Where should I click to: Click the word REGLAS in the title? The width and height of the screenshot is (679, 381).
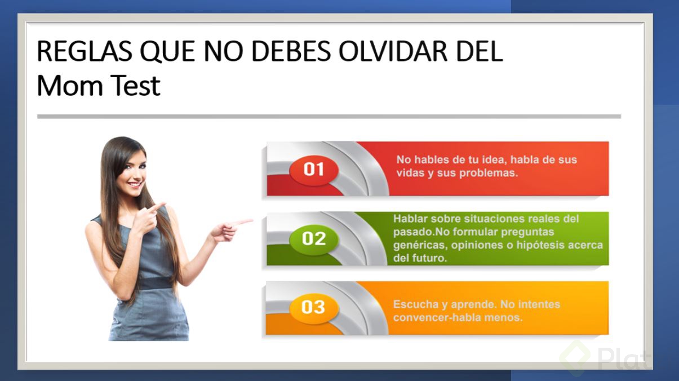tap(85, 51)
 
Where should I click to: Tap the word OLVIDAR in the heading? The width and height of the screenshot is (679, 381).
tap(393, 51)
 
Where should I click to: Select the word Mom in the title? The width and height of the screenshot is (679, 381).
tap(70, 86)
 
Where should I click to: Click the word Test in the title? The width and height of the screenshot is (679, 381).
tap(135, 86)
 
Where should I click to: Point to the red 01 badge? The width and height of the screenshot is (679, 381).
tap(314, 170)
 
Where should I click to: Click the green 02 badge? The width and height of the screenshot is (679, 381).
tap(314, 238)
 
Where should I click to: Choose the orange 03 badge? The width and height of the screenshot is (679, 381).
tap(313, 307)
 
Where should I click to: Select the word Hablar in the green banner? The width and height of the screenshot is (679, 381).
tap(410, 219)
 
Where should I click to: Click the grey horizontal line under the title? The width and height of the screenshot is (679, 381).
tap(329, 117)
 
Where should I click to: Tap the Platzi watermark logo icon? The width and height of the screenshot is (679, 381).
tap(575, 358)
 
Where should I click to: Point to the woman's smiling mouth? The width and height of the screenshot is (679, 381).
tap(135, 184)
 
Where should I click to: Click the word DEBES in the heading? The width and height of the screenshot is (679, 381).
tap(291, 51)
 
